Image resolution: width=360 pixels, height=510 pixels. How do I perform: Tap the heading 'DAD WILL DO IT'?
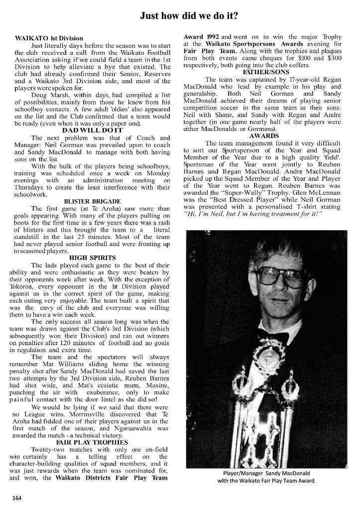click(92, 129)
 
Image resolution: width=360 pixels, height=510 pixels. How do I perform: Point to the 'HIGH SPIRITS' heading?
click(93, 257)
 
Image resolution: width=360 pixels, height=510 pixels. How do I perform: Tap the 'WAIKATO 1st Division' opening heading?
click(49, 38)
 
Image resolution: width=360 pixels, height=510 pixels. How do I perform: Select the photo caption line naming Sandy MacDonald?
click(266, 473)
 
